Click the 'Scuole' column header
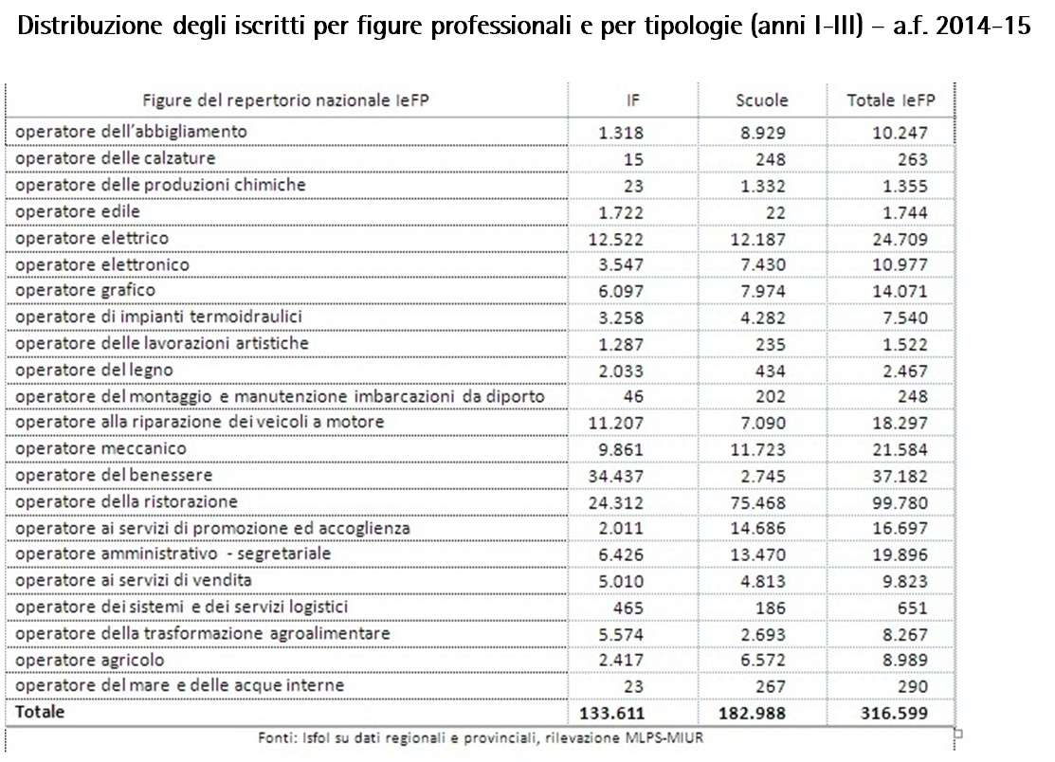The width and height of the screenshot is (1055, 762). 762,100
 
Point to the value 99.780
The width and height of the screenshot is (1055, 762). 900,501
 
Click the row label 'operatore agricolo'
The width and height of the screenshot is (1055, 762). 90,660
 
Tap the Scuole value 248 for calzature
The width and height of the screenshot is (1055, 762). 774,158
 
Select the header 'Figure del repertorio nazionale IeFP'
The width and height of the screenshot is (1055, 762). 280,100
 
